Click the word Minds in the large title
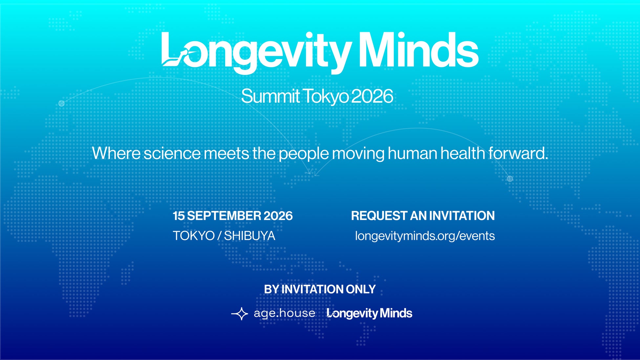click(x=419, y=50)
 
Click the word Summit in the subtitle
click(x=270, y=96)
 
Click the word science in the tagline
click(x=172, y=154)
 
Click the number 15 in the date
click(x=179, y=216)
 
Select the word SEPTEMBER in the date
click(x=224, y=216)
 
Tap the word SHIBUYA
click(x=249, y=236)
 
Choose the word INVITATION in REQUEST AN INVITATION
click(x=462, y=216)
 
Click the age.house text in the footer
click(x=284, y=313)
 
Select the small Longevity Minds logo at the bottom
click(x=370, y=313)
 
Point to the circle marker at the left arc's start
click(x=61, y=103)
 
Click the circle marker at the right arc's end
click(x=510, y=179)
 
